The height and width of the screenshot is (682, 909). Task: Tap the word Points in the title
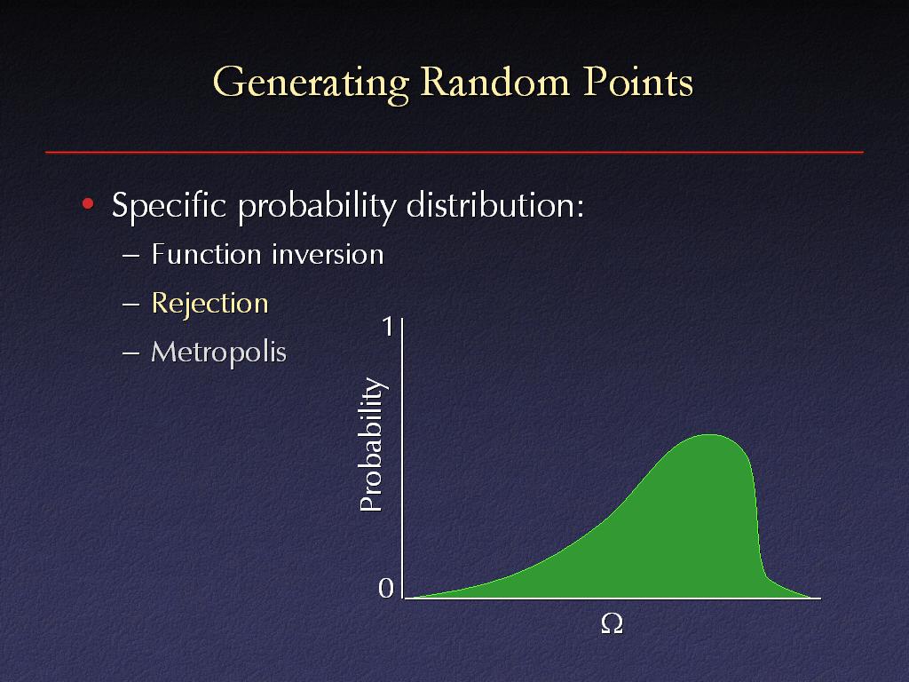(x=637, y=81)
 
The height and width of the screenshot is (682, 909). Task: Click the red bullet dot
(x=88, y=203)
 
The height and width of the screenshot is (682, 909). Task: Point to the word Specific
(x=169, y=205)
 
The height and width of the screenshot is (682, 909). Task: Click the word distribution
(x=494, y=204)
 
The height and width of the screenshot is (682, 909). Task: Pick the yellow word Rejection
(x=209, y=304)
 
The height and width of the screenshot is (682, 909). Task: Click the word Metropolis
(x=218, y=353)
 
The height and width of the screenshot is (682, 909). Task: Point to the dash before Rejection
(x=131, y=305)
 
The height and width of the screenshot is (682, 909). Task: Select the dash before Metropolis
(x=131, y=353)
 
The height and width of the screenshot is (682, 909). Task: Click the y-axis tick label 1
(x=388, y=327)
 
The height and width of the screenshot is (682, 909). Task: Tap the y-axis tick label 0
(x=386, y=588)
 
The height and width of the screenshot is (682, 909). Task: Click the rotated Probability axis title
(x=371, y=444)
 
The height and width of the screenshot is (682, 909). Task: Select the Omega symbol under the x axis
(x=613, y=624)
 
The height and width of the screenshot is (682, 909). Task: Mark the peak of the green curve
(x=708, y=434)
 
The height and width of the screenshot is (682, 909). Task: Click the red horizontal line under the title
(x=454, y=153)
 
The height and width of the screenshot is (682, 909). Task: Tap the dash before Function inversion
(x=131, y=256)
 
